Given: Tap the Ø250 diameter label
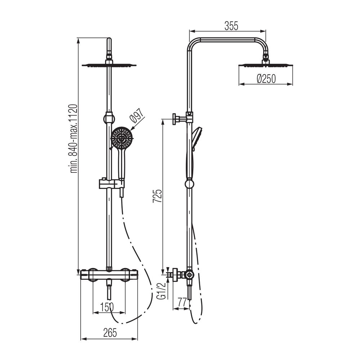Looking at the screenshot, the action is (266, 79).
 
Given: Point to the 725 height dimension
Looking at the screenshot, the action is (158, 196).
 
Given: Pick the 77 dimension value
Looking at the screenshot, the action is (182, 302).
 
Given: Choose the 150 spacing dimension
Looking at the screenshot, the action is (107, 307).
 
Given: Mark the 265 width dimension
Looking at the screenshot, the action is (110, 333).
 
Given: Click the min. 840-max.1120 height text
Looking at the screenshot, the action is (74, 139).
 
